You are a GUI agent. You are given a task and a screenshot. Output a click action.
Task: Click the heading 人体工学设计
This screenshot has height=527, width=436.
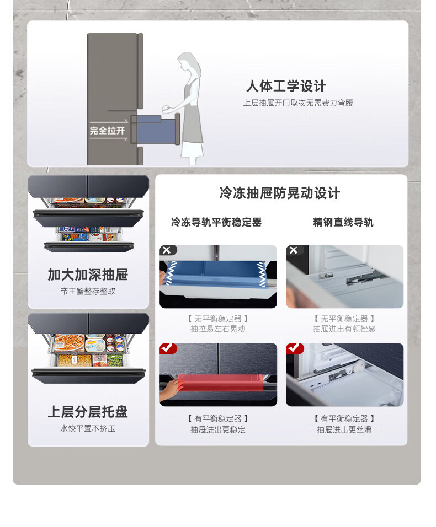click(286, 86)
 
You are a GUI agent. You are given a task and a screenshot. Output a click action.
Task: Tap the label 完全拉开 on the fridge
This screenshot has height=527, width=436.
click(107, 131)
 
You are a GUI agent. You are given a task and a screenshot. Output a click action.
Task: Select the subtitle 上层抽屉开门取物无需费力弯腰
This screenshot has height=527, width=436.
click(298, 103)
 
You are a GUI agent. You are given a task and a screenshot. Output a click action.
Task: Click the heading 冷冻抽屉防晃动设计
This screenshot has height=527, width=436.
click(280, 193)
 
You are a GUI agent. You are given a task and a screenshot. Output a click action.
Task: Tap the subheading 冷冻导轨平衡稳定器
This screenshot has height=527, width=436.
click(216, 222)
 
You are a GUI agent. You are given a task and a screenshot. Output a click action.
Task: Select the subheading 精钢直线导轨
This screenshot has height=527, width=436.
click(343, 222)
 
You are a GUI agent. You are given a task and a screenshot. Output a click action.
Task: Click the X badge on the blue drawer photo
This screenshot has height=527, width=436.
click(167, 250)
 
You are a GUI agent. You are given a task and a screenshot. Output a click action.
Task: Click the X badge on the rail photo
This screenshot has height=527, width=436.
click(294, 250)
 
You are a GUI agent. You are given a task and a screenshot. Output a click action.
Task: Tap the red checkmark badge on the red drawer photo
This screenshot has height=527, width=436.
click(168, 348)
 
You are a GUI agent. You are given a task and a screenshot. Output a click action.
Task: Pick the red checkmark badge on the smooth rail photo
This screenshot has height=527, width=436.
click(294, 348)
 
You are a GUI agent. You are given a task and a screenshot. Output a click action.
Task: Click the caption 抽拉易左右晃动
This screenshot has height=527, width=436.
click(218, 329)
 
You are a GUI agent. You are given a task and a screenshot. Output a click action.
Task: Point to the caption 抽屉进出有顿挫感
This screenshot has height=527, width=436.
click(344, 329)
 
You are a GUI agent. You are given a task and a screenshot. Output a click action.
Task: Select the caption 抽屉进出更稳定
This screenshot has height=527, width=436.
click(218, 429)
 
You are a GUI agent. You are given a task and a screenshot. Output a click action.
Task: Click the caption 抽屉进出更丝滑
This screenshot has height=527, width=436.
click(344, 429)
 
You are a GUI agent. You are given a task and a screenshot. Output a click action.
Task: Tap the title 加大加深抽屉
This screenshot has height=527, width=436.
click(88, 275)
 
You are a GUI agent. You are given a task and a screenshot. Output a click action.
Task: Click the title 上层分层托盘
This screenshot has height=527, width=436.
click(88, 412)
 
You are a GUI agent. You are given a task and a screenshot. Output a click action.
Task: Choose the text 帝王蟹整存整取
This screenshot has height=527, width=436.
click(88, 291)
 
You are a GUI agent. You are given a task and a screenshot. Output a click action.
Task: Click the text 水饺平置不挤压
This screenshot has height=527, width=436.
click(88, 428)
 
